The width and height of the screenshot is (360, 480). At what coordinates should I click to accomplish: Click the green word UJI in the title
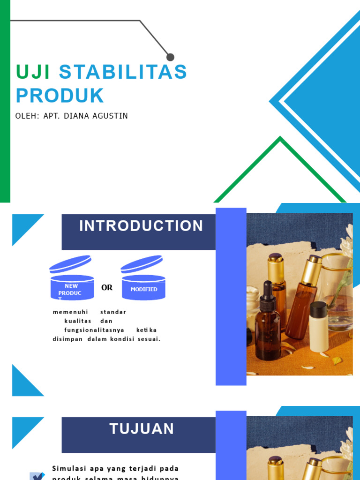(x=33, y=72)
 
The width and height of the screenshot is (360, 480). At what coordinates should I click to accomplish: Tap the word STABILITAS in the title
(x=123, y=72)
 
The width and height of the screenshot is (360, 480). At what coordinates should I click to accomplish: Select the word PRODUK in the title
(x=60, y=96)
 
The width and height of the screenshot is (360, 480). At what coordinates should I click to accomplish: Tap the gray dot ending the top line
(x=170, y=57)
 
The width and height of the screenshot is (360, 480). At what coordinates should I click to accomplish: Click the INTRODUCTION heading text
(x=141, y=226)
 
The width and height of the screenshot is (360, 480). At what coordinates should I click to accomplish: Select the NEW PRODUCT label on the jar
(x=71, y=290)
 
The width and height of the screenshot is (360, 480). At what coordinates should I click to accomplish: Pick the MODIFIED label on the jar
(x=144, y=289)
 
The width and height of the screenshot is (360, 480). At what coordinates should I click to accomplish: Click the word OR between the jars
(x=107, y=288)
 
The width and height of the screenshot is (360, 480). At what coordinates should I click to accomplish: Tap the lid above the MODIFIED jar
(x=142, y=264)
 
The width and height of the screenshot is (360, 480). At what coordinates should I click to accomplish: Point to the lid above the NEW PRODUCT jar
(x=70, y=264)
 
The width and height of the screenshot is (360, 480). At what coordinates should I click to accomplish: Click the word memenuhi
(x=70, y=312)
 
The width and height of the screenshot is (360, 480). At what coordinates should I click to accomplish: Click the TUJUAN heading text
(x=142, y=429)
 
